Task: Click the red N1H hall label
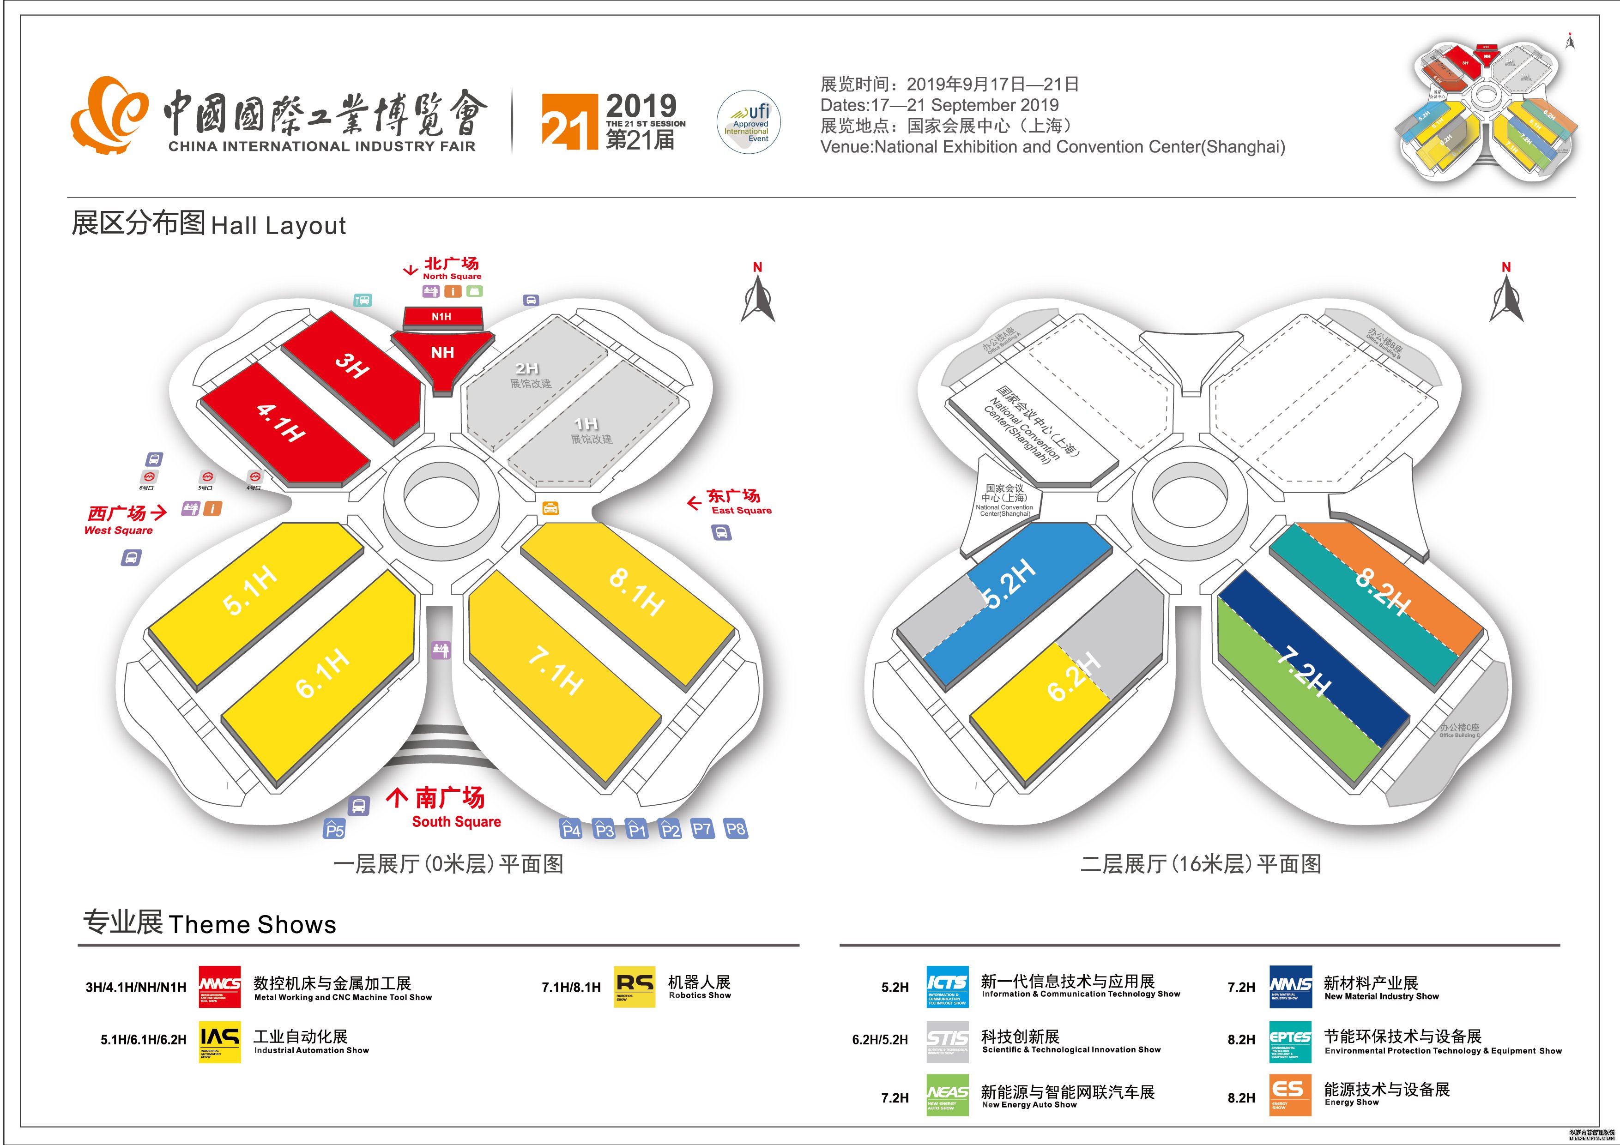point(441,317)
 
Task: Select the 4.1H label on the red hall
point(280,422)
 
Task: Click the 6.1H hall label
point(322,673)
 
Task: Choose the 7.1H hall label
point(556,672)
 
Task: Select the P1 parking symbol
point(637,829)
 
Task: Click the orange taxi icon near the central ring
point(550,508)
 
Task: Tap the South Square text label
point(457,822)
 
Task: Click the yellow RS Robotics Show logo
point(635,986)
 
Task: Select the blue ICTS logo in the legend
point(947,986)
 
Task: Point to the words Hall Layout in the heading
point(279,226)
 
